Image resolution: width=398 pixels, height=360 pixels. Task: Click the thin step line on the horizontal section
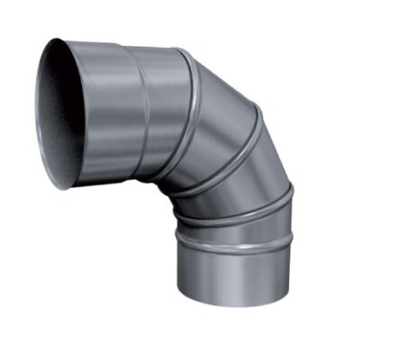click(x=142, y=108)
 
